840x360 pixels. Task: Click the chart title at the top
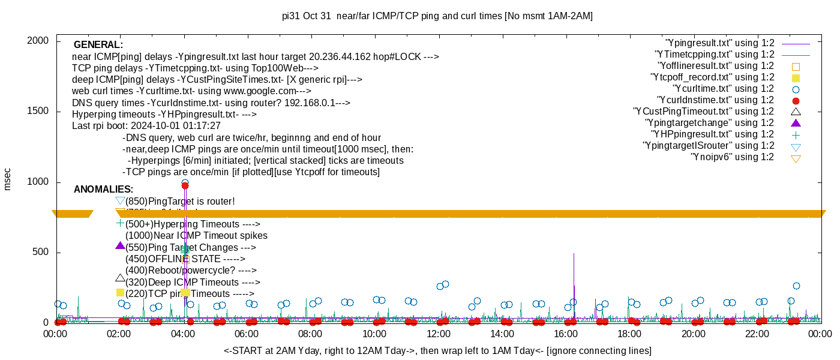tap(437, 16)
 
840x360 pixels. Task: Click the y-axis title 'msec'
tap(7, 178)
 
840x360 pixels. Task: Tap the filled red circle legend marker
tap(796, 101)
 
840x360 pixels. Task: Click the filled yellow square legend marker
tap(796, 78)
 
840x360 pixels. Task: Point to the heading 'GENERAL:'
tap(98, 45)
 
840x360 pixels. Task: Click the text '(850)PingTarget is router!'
tap(180, 202)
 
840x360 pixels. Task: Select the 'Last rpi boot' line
tap(146, 126)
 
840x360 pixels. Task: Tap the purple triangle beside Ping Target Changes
tap(120, 246)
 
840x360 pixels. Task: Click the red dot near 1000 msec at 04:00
tap(185, 186)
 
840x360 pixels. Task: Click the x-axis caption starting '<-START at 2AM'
tap(437, 350)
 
